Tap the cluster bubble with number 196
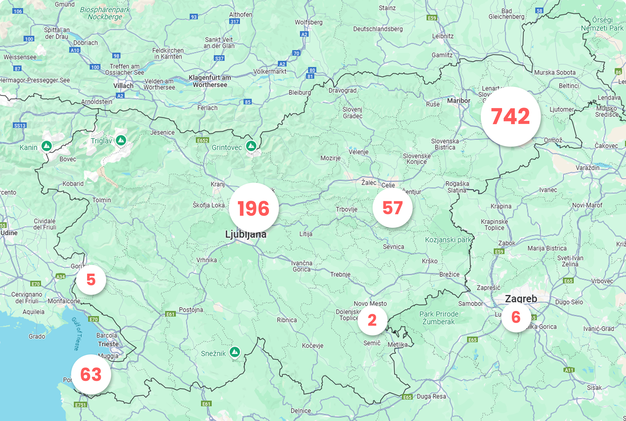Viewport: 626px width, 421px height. coord(253,208)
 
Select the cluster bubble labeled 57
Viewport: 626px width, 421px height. coord(392,207)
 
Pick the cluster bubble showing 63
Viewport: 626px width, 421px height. coord(91,374)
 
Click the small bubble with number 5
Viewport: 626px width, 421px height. coord(91,280)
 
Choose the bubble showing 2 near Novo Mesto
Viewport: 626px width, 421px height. coord(372,320)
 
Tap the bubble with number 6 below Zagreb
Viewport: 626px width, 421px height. coord(516,317)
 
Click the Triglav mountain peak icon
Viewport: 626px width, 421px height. coord(121,140)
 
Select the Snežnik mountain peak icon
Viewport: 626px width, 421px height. coord(235,352)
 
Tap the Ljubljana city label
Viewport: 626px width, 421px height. coord(246,234)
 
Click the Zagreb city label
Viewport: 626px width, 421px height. coord(521,298)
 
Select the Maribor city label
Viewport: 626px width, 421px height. coord(458,101)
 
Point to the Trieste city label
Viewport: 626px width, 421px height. coord(108,344)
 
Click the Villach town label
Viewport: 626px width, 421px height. coord(123,86)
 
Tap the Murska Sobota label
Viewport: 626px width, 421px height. coord(555,73)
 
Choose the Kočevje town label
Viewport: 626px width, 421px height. coord(312,346)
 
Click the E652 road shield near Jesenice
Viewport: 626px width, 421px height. coord(203,140)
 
